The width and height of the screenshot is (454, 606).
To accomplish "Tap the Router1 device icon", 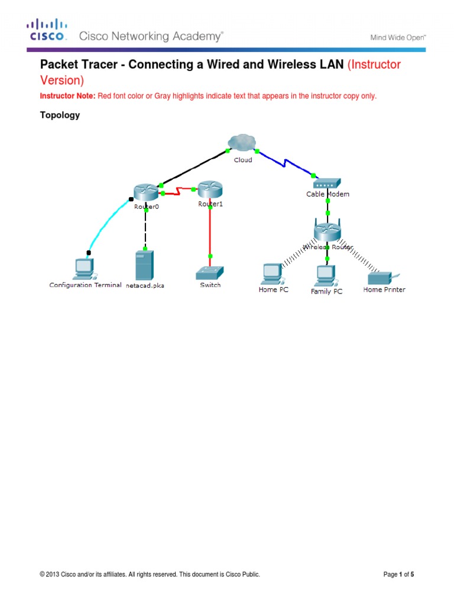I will [x=209, y=189].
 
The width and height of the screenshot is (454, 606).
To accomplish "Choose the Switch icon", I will [x=210, y=272].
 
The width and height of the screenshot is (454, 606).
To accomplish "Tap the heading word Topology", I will [x=60, y=115].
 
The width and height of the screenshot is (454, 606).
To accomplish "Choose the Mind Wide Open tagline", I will [x=398, y=37].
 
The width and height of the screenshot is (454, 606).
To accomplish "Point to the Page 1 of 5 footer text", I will [x=398, y=574].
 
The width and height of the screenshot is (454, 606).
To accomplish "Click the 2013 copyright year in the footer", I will [x=53, y=574].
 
